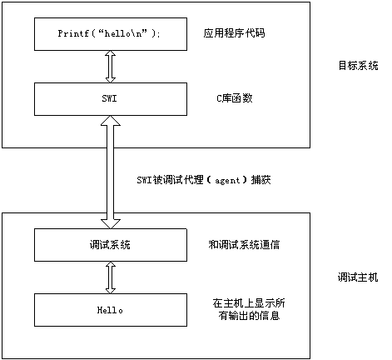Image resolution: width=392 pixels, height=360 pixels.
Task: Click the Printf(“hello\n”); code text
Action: point(109,33)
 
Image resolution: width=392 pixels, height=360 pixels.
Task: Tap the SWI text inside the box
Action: point(109,98)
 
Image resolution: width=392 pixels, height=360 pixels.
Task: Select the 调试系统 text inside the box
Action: point(110,245)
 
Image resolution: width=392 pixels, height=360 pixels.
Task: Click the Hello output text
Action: point(110,310)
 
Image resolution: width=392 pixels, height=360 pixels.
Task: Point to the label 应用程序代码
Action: point(234,33)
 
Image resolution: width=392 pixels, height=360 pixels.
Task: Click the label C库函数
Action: point(235,98)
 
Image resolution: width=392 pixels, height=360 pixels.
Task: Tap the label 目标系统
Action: point(358,66)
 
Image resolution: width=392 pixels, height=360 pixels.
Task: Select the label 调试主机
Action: point(358,277)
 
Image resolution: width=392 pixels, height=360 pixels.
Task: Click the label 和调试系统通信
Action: point(244,244)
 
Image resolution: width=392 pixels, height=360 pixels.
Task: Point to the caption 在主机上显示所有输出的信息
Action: point(249,309)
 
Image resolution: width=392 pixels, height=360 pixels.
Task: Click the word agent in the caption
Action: point(227,181)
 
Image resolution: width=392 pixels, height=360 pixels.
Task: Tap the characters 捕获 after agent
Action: point(261,180)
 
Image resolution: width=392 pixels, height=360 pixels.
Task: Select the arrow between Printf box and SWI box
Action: point(111,67)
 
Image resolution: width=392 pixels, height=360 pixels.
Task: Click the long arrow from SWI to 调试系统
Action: point(111,172)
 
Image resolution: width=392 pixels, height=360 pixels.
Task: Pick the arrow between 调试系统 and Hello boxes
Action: point(111,277)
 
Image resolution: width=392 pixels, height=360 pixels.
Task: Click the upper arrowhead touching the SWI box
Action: point(111,121)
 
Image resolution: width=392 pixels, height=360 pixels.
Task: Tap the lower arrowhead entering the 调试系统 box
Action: point(111,224)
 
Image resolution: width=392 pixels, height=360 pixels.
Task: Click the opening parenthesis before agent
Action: point(210,180)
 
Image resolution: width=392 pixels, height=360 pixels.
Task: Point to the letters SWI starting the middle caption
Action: point(144,180)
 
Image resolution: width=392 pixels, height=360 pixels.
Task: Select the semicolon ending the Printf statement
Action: point(158,34)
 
